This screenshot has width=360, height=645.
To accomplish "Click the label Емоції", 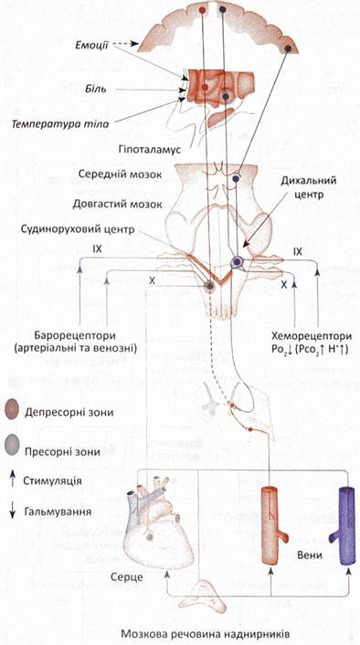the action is (x=91, y=44).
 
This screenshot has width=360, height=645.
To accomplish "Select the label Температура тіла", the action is (x=60, y=123).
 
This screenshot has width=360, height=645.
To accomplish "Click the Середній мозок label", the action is (x=122, y=174).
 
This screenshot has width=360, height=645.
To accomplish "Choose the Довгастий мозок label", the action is (x=118, y=204).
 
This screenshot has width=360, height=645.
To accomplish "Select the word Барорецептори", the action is (x=75, y=335).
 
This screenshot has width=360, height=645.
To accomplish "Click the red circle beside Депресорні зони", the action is (x=12, y=412).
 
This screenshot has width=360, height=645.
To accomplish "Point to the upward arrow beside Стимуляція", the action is (x=13, y=480).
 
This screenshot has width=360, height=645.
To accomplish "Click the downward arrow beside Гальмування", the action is (x=13, y=512).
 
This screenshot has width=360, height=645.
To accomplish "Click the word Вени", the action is (x=309, y=555).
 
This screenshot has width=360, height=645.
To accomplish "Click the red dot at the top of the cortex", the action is (x=202, y=10).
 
